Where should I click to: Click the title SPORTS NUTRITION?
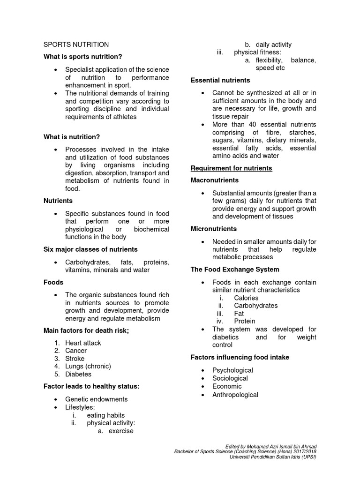tap(76, 45)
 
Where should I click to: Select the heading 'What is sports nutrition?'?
tap(82, 57)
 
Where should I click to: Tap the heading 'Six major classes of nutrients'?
tap(90, 249)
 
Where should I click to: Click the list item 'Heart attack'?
tap(83, 343)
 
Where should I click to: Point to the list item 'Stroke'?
tap(75, 359)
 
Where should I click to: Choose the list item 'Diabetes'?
tap(78, 375)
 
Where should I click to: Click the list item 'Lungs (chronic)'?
tap(88, 367)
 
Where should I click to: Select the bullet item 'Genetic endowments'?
tap(97, 399)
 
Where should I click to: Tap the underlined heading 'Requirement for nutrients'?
tap(231, 168)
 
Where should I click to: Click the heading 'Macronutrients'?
tap(215, 180)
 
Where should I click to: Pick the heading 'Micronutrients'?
tap(214, 229)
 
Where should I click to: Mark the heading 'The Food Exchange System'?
tap(235, 270)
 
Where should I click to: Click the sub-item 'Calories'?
tap(246, 298)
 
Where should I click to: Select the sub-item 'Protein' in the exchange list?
tap(245, 322)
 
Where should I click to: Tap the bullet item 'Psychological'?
tap(232, 370)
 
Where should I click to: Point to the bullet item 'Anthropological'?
tap(235, 395)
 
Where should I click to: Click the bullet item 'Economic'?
tap(227, 387)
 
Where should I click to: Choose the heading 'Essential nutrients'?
tap(220, 81)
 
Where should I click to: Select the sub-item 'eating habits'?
tap(106, 415)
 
